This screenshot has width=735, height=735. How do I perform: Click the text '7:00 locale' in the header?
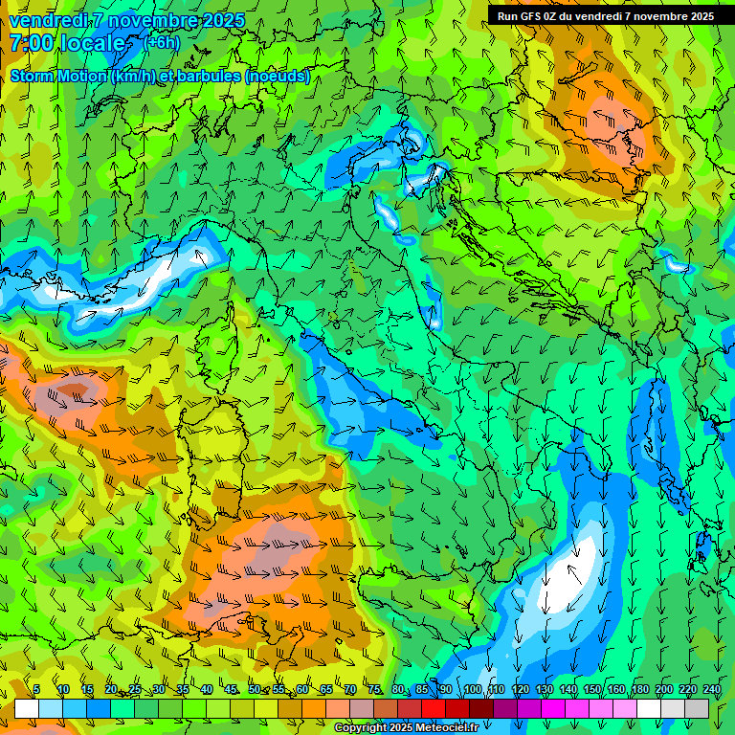67,43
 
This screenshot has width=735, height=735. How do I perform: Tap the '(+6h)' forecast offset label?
161,43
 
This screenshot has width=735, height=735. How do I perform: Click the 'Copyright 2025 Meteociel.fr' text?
406,728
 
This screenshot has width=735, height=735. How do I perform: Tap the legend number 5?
36,689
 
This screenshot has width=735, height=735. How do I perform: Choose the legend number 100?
473,689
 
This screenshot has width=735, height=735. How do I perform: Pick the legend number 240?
712,689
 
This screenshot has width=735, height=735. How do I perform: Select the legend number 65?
326,689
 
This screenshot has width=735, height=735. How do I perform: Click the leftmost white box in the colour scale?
27,708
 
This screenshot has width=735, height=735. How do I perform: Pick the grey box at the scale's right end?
697,708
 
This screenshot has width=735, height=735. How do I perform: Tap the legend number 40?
207,689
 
